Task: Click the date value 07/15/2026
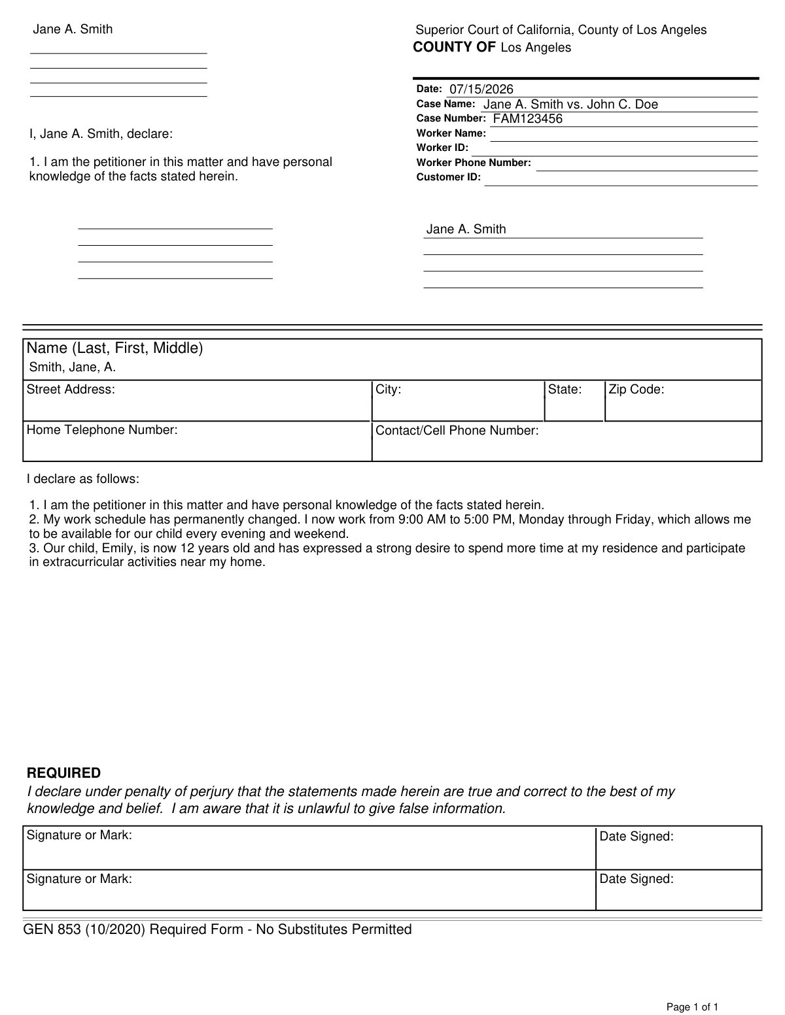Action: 481,90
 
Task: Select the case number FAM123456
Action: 527,119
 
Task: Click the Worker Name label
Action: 451,133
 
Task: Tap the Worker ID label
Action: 442,148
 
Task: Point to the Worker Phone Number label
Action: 474,163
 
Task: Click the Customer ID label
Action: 448,177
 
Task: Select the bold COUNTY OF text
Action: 454,47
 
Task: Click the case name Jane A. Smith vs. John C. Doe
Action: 570,105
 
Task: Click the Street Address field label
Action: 71,390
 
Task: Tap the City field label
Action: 388,390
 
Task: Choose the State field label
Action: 565,390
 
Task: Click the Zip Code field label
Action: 636,390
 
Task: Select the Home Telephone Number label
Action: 102,430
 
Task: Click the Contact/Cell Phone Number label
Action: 457,431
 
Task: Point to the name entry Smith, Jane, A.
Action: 73,367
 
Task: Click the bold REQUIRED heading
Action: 63,773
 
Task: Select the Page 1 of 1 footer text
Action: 693,1007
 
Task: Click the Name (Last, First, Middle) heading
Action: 114,348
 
